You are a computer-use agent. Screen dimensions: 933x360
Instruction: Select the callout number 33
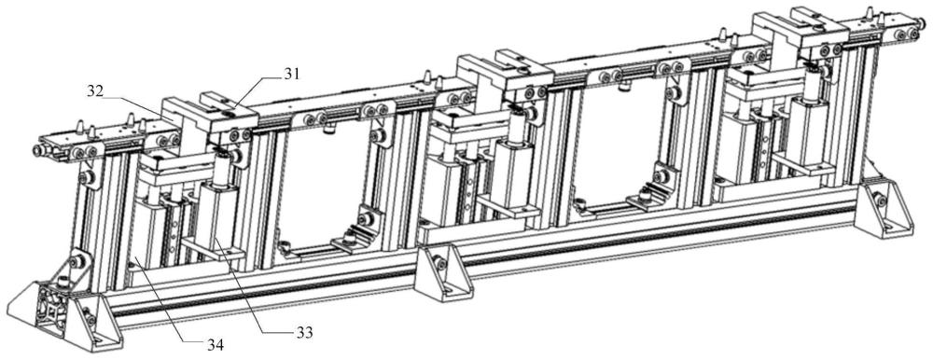tap(303, 331)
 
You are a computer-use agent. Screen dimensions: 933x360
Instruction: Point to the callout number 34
tap(215, 344)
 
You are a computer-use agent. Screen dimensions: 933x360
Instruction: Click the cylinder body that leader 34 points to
tap(145, 235)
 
